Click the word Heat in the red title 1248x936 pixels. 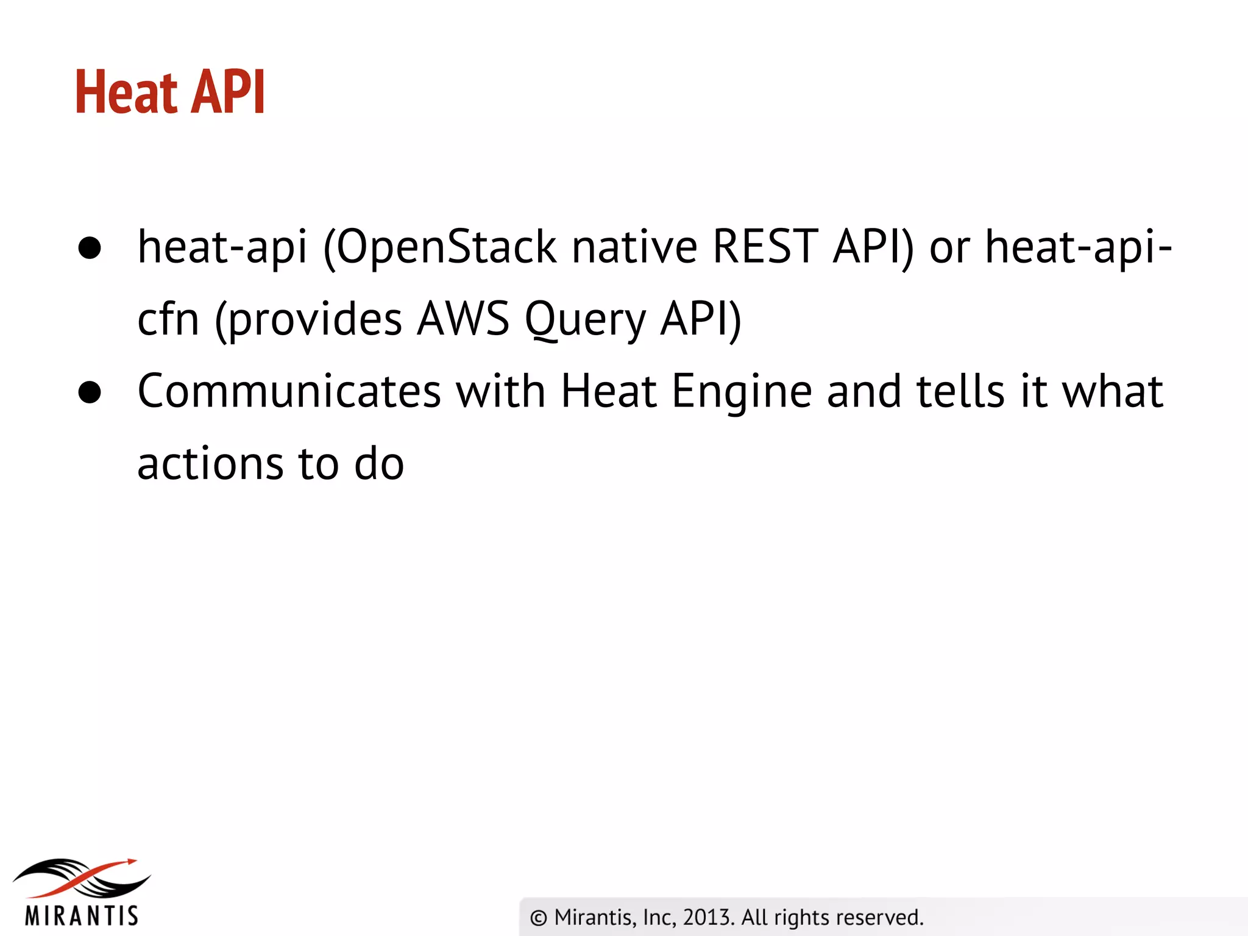pyautogui.click(x=126, y=92)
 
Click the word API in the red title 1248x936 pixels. pyautogui.click(x=228, y=92)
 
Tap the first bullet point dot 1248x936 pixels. pyautogui.click(x=90, y=248)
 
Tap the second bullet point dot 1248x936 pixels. pyautogui.click(x=90, y=393)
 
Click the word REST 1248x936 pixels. pyautogui.click(x=765, y=247)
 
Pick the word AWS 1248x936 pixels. pyautogui.click(x=463, y=319)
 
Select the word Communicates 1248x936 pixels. pyautogui.click(x=289, y=391)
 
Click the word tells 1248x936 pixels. pyautogui.click(x=960, y=391)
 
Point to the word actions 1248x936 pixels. pyautogui.click(x=210, y=464)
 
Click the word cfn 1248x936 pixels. pyautogui.click(x=168, y=319)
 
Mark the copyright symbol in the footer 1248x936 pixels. pyautogui.click(x=539, y=918)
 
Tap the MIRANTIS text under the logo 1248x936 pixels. pyautogui.click(x=82, y=916)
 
